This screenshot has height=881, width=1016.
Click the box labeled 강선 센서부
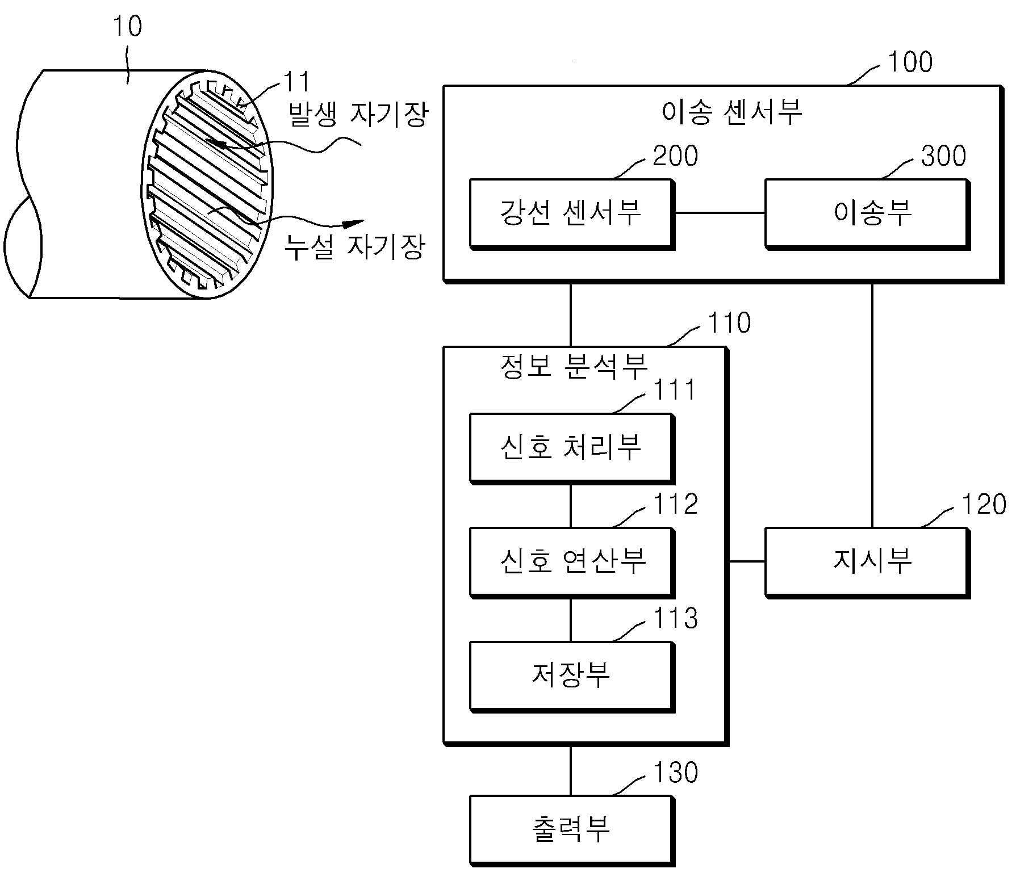(x=572, y=214)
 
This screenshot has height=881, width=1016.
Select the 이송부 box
(x=867, y=214)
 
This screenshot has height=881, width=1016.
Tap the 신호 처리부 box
(x=572, y=448)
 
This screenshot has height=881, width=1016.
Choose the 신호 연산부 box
(x=572, y=563)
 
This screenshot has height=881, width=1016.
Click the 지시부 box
(x=867, y=563)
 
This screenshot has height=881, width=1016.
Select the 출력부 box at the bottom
(x=572, y=830)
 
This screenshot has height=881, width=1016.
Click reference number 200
(x=675, y=156)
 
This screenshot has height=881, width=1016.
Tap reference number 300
(x=943, y=156)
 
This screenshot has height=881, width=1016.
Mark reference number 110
(x=729, y=323)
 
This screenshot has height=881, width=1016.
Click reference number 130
(x=676, y=773)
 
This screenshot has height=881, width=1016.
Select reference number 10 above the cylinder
(x=127, y=26)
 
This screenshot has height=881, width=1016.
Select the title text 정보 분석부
(x=574, y=366)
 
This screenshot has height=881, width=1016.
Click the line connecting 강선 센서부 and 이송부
(x=720, y=213)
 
